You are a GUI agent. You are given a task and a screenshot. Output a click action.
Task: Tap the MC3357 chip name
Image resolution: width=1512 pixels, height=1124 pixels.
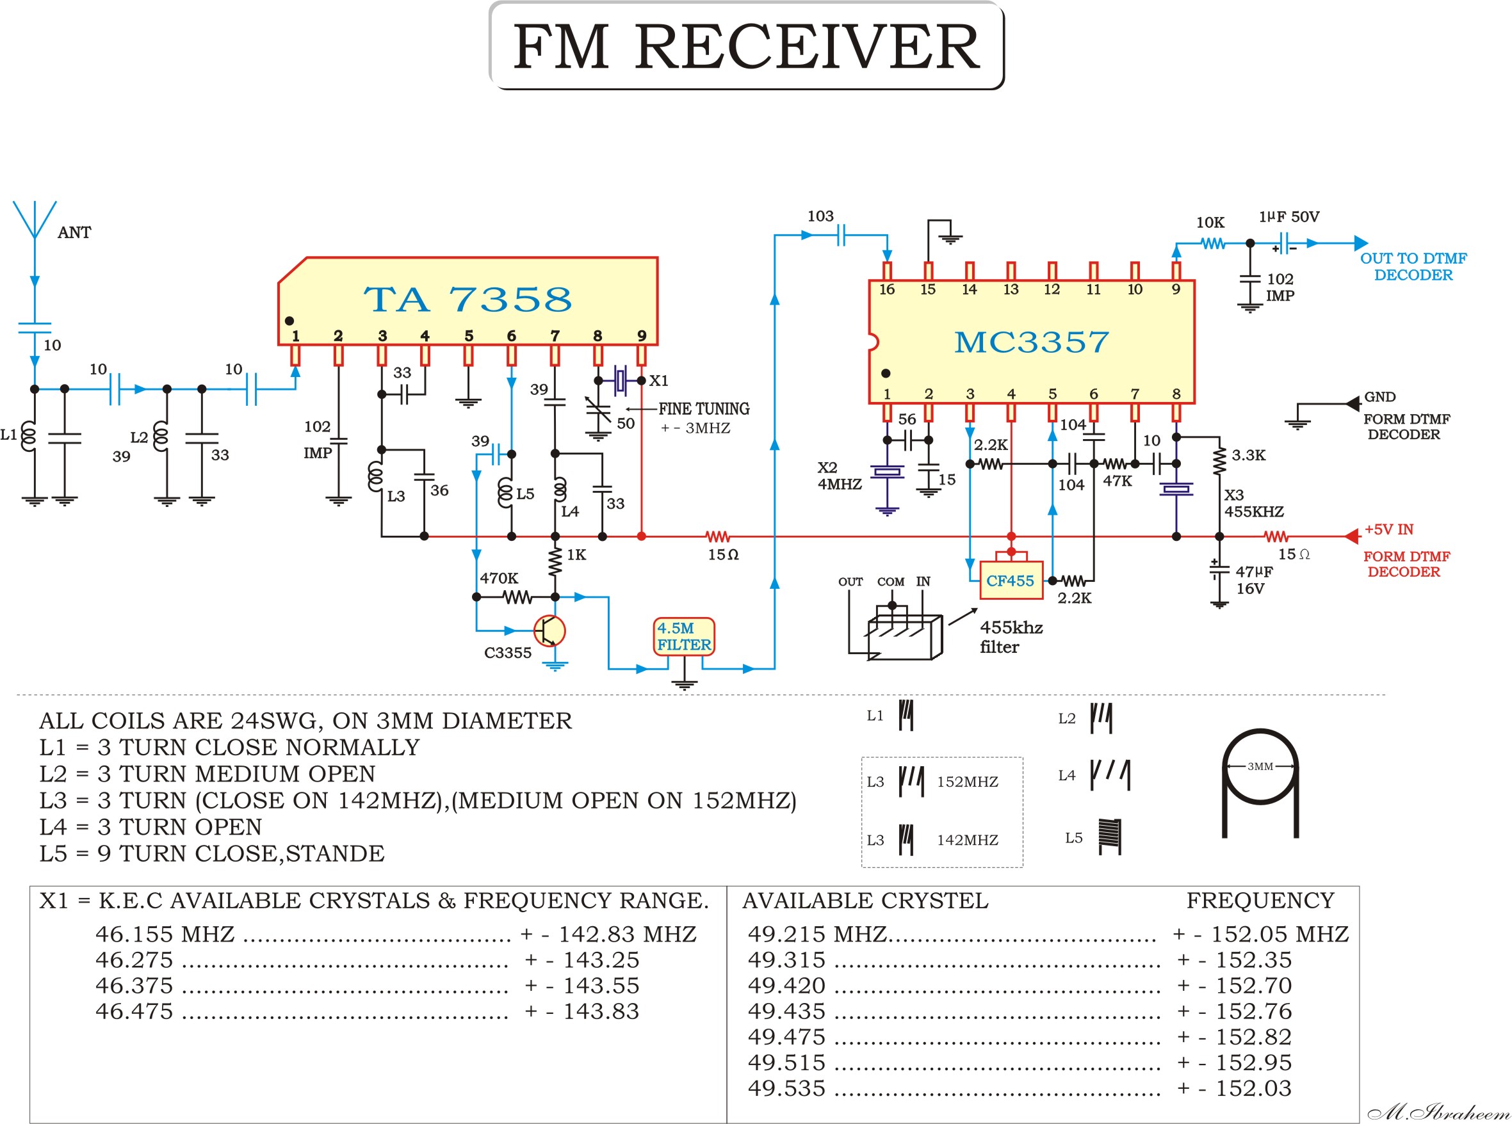tap(1030, 342)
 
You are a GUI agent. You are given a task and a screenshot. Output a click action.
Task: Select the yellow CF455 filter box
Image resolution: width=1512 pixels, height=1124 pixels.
tap(1011, 581)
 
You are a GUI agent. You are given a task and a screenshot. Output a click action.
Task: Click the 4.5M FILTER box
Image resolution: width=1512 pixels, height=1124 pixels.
tap(683, 636)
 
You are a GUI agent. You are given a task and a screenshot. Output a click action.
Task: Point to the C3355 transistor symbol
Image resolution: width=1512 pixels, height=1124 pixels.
tap(549, 630)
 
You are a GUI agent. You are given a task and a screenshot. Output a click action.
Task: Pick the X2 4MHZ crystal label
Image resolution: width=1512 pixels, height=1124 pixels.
tap(839, 476)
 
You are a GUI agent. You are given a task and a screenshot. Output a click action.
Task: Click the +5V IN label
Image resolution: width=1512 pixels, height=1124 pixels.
tap(1389, 529)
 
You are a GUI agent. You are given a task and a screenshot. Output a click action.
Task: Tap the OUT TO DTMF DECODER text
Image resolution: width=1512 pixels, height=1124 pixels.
tap(1413, 266)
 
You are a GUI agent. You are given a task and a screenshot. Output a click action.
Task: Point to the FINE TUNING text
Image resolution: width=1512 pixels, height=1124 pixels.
tap(703, 408)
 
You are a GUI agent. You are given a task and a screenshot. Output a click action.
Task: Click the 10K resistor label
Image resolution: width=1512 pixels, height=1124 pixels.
tap(1210, 222)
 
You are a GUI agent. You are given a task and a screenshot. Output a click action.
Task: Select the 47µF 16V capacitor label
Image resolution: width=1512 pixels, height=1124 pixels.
tap(1253, 580)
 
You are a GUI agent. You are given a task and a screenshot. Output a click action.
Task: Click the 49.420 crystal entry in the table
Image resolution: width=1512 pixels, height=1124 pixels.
tap(786, 985)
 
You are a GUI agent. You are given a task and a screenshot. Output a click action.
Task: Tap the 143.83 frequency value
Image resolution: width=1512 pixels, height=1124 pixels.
tap(601, 1011)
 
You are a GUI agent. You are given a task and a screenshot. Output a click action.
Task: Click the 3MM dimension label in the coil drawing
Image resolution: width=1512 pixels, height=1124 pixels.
tap(1260, 766)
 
